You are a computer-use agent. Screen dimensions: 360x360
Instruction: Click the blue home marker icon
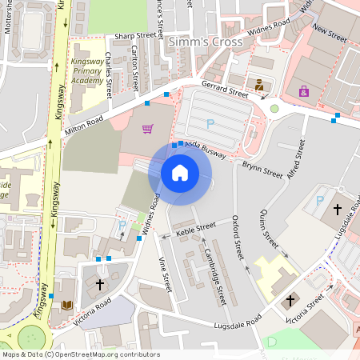pyautogui.click(x=180, y=172)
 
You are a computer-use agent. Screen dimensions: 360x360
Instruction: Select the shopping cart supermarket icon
pyautogui.click(x=147, y=128)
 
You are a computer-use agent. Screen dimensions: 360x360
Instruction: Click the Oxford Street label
pyautogui.click(x=238, y=237)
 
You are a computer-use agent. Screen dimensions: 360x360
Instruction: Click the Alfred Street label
pyautogui.click(x=295, y=160)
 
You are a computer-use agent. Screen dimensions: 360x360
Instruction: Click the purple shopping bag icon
pyautogui.click(x=303, y=91)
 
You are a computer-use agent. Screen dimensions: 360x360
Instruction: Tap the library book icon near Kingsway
pyautogui.click(x=67, y=306)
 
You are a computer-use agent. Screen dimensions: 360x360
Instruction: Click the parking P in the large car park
pyautogui.click(x=210, y=122)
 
